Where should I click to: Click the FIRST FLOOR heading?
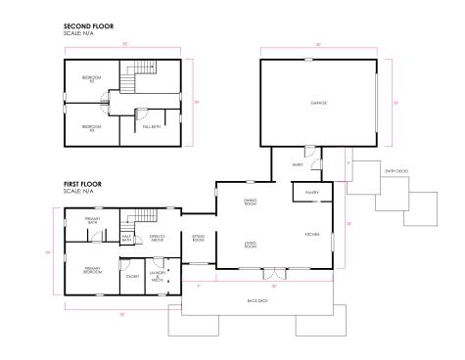(83, 184)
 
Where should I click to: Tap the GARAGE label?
(318, 102)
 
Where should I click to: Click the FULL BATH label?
(152, 125)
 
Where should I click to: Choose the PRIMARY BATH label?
(93, 222)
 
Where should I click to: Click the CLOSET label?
(132, 276)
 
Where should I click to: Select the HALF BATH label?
(127, 238)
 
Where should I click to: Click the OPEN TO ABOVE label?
(157, 238)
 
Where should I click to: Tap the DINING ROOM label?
(251, 202)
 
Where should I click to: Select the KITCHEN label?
(312, 235)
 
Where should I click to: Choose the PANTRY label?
(313, 193)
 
